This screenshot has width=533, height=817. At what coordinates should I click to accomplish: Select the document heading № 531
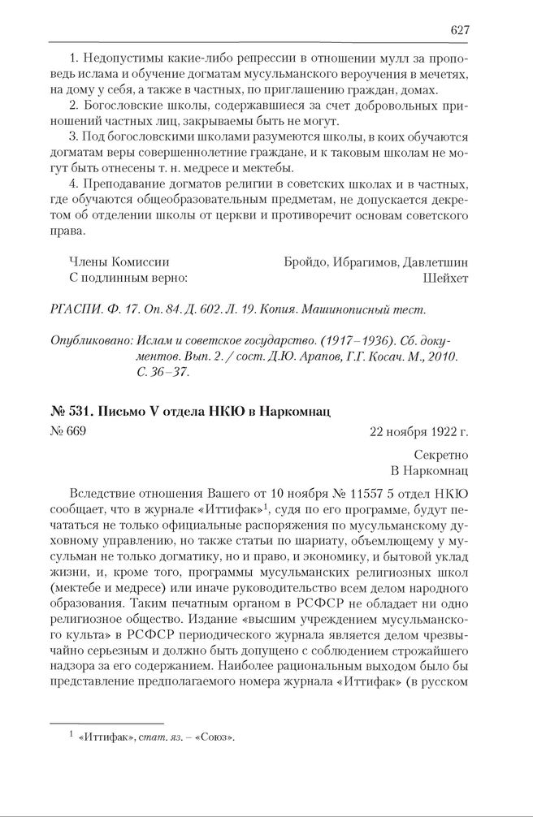pos(69,411)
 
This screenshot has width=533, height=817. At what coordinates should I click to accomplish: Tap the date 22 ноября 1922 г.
pos(418,431)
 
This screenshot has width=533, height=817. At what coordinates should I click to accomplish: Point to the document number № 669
pos(67,431)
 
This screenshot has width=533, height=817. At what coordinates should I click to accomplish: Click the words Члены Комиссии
pos(120,262)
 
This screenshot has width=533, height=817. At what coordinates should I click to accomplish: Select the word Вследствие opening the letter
pos(110,495)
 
